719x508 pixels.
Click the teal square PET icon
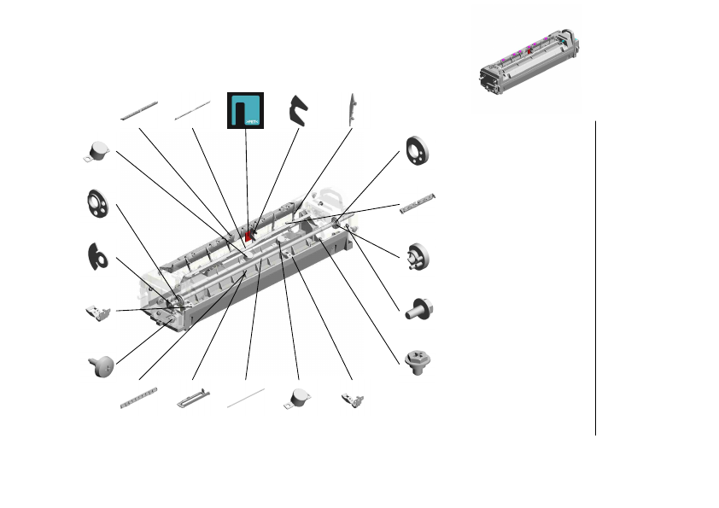[246, 110]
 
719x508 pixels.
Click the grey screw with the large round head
[101, 365]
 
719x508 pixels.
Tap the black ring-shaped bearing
[419, 151]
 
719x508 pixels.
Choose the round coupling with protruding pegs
[418, 256]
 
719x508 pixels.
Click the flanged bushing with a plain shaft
[417, 308]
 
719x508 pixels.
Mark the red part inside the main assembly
[250, 233]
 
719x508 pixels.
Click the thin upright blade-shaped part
[350, 112]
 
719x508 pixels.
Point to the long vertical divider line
[595, 277]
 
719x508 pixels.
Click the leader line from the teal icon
[247, 179]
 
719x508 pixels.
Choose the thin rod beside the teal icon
[192, 111]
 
